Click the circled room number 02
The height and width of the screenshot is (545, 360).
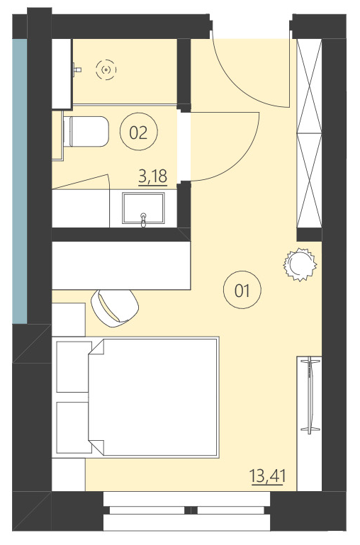[138, 132]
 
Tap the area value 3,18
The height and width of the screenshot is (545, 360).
[152, 175]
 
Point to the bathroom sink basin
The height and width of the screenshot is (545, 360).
[145, 210]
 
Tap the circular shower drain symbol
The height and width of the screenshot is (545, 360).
[106, 69]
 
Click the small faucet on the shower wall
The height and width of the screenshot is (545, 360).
[77, 69]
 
